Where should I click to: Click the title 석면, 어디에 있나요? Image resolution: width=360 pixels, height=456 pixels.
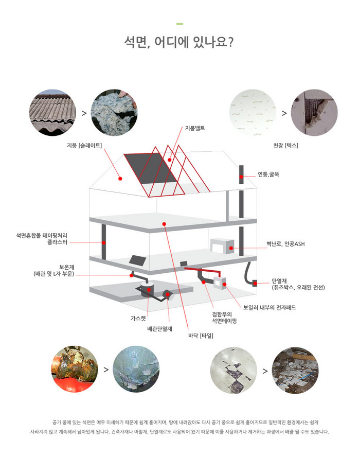178,42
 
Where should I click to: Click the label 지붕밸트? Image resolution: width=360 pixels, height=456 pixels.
195,128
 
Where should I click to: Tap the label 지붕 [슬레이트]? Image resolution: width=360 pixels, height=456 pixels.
84,145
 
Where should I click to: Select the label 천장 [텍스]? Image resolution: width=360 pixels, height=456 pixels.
285,145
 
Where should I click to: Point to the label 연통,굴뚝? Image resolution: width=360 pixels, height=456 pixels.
268,174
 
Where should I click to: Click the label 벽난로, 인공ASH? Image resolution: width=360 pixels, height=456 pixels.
285,244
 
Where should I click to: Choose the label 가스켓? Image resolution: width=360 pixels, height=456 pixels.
138,318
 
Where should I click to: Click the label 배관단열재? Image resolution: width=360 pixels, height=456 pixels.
159,329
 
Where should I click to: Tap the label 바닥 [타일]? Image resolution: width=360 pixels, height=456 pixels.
201,336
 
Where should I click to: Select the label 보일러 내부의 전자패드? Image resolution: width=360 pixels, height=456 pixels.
269,307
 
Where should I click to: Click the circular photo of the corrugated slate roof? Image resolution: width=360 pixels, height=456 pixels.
52,113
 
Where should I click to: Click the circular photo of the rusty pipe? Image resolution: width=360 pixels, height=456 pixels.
75,369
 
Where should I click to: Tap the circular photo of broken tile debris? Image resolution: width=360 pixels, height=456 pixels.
295,370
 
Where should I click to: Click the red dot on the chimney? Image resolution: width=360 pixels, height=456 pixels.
241,177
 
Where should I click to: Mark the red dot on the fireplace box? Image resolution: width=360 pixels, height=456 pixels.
231,248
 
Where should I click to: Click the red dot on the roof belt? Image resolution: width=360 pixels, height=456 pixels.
169,160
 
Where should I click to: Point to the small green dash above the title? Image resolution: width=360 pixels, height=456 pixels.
179,24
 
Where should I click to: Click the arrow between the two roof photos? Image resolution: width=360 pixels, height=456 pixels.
84,113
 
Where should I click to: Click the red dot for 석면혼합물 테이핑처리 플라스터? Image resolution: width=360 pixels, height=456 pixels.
103,242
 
